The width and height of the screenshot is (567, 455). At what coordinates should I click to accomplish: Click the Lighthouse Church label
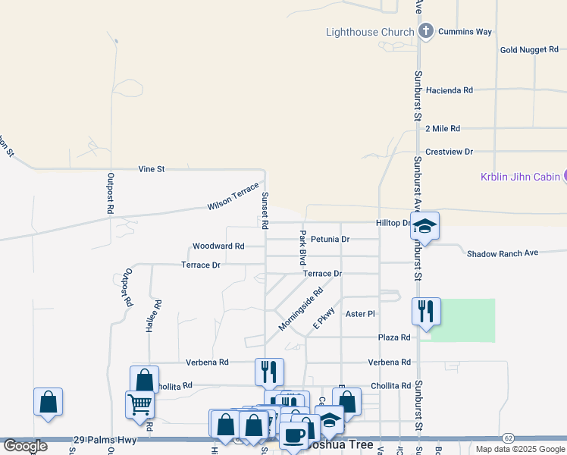[370, 32]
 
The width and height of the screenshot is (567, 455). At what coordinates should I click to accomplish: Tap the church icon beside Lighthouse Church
[426, 31]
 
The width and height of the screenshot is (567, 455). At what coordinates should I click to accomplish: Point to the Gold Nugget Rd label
[529, 50]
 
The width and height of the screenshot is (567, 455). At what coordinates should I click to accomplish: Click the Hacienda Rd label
[450, 89]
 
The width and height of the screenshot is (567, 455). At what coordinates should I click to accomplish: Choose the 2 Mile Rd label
[443, 129]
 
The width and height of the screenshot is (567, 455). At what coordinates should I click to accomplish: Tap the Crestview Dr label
[449, 152]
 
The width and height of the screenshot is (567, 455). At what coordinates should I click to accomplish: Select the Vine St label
[152, 168]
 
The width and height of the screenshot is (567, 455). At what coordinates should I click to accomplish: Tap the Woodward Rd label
[218, 246]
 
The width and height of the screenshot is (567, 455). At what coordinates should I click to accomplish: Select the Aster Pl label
[360, 313]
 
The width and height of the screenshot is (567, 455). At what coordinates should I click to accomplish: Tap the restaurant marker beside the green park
[425, 311]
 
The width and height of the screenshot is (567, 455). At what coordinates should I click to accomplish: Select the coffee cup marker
[293, 435]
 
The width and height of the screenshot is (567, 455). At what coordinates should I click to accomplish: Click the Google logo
[25, 446]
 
